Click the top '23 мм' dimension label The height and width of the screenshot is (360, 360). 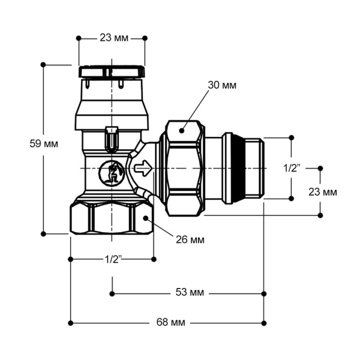[112, 38]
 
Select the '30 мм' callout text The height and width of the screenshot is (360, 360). [221, 85]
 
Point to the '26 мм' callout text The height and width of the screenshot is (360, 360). [190, 240]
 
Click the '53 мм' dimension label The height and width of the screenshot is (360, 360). [189, 293]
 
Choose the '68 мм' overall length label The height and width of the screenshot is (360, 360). [170, 323]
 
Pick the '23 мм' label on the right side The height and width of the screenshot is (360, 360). [323, 192]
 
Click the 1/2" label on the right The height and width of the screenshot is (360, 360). [291, 169]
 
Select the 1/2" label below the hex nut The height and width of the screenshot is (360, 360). [113, 259]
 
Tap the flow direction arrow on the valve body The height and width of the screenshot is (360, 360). [143, 169]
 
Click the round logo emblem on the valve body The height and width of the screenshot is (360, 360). [110, 173]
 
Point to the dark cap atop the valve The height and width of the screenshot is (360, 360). [112, 73]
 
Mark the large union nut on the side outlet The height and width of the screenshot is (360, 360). [184, 169]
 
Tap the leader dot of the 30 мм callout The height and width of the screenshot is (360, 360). [182, 128]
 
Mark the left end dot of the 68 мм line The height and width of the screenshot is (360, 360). [71, 323]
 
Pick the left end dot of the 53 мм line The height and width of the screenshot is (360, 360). [112, 293]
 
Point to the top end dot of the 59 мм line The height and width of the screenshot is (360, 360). [43, 64]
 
